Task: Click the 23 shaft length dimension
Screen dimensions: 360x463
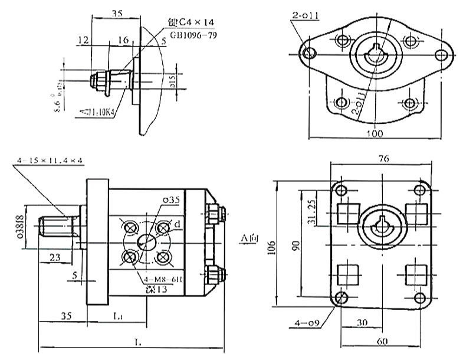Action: coord(54,257)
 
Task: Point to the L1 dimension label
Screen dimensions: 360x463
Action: coord(118,317)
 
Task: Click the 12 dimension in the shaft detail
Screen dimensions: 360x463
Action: coord(82,40)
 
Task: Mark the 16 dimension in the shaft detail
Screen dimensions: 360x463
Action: coord(123,40)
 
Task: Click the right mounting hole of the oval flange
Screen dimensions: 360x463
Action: coord(440,55)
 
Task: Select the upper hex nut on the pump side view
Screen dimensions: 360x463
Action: coord(214,212)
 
